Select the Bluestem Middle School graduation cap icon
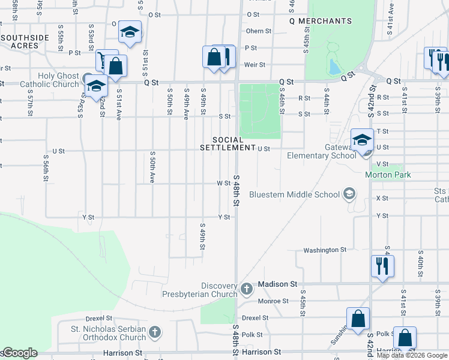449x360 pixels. [x=349, y=194]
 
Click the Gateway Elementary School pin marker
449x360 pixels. [x=362, y=142]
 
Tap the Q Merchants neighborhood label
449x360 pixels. [x=321, y=21]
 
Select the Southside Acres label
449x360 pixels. [x=25, y=41]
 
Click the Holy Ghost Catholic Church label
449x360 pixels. [x=50, y=80]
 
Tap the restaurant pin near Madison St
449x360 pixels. [x=382, y=265]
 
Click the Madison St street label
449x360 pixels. [x=277, y=284]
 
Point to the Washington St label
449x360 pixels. [x=325, y=250]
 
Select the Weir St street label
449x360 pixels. [x=254, y=65]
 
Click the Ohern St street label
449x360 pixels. [x=259, y=31]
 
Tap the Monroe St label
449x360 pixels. [x=273, y=301]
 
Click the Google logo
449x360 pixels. [x=19, y=353]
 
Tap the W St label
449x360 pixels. [x=223, y=183]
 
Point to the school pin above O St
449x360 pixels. [x=129, y=33]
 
